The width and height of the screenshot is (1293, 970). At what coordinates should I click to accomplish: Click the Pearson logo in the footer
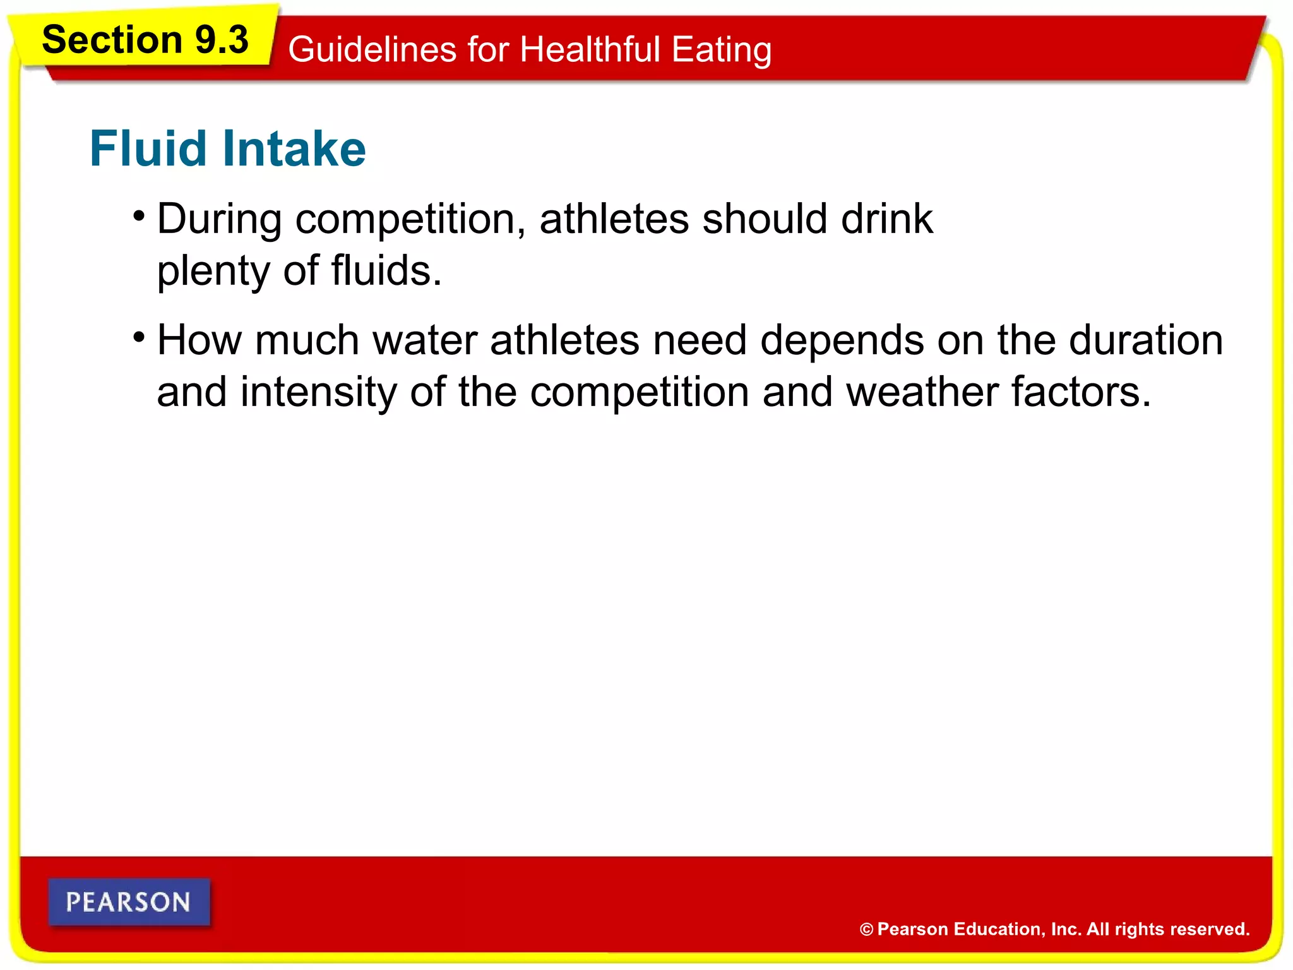pos(129,902)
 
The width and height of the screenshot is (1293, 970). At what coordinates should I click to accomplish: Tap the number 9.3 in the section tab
pos(222,40)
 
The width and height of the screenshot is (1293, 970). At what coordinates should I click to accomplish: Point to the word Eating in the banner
pos(721,51)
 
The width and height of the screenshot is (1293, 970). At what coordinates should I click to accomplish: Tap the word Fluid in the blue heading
pos(148,148)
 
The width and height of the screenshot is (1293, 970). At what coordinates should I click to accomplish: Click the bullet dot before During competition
pos(139,215)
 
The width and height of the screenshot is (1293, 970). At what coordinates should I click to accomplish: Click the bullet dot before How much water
pos(139,337)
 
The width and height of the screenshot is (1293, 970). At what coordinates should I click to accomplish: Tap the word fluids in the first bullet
pos(386,270)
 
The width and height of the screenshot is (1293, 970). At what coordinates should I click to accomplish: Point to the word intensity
pos(319,392)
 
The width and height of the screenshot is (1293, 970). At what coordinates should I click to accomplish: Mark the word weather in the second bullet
pos(922,392)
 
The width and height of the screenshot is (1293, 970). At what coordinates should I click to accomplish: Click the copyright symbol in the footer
pos(866,929)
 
